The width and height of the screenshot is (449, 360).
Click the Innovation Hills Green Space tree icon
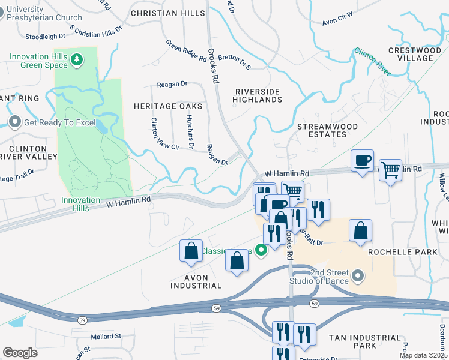click(x=76, y=59)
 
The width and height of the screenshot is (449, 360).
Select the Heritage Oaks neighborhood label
click(x=167, y=106)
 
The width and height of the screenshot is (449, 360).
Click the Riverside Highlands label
click(x=257, y=95)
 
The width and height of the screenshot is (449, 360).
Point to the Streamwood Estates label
click(x=328, y=130)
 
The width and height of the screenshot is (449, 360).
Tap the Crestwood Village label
click(x=411, y=54)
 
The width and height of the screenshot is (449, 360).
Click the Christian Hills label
click(x=162, y=13)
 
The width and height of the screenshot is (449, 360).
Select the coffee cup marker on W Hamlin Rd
click(x=362, y=161)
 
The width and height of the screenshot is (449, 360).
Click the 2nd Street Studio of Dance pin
click(x=358, y=276)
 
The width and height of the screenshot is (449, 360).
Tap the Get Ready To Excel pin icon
click(x=14, y=123)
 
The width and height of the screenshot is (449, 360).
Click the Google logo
click(x=20, y=352)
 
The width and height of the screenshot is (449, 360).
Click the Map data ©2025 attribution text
click(x=423, y=355)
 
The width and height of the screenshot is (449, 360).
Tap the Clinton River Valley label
click(x=28, y=152)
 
